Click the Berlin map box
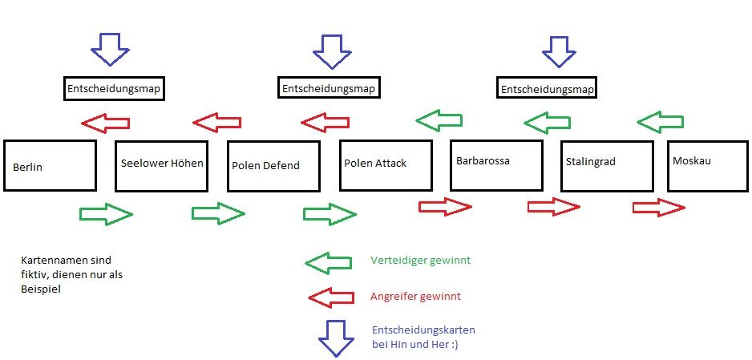click(50, 166)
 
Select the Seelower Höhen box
click(162, 166)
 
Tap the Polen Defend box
click(273, 166)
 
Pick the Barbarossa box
click(495, 164)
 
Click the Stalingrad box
click(606, 165)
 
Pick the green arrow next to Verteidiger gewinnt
click(328, 261)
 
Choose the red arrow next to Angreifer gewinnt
click(331, 297)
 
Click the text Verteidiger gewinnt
click(420, 261)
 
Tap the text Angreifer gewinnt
click(415, 297)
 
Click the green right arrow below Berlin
click(106, 214)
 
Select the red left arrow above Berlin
click(106, 123)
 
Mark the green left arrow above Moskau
click(660, 122)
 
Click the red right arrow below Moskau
click(658, 208)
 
